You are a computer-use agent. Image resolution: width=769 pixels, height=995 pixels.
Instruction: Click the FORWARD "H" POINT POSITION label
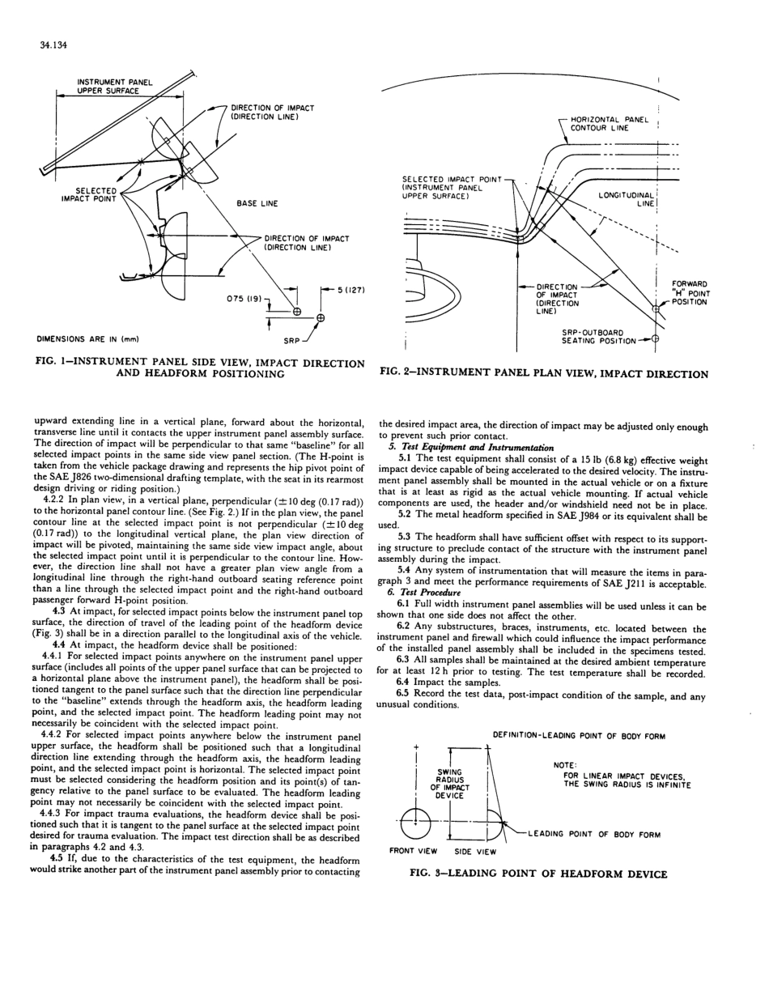coord(690,293)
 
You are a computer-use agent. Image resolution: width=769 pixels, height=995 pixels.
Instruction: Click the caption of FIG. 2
coord(543,374)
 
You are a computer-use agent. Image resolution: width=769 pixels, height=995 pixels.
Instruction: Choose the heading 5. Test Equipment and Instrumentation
coord(473,448)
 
